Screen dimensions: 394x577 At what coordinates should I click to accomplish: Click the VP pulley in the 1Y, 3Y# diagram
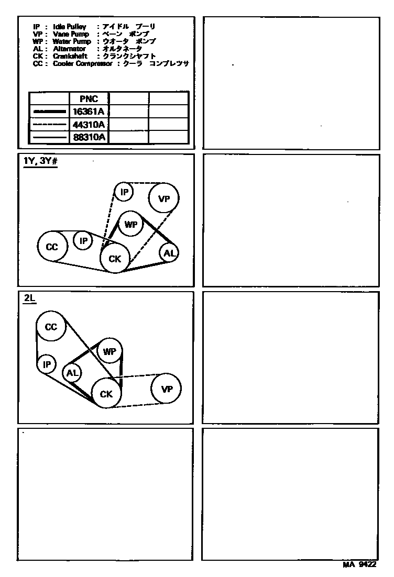coord(164,198)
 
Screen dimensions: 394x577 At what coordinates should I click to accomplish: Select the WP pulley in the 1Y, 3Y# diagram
coord(130,225)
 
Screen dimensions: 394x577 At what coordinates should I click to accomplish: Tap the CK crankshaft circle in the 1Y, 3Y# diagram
coord(115,258)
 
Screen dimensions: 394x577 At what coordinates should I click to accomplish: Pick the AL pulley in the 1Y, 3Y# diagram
coord(169,253)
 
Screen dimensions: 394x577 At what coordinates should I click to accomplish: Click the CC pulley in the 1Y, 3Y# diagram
coord(52,246)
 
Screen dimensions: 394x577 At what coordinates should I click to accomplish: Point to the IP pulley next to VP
coord(124,192)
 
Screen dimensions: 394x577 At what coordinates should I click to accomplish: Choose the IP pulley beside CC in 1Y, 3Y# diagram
coord(83,240)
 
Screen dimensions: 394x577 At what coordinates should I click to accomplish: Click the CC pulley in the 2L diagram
coord(51,327)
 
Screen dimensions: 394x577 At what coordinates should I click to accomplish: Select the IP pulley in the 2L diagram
coord(47,364)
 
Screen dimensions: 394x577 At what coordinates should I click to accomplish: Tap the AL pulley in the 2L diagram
coord(72,373)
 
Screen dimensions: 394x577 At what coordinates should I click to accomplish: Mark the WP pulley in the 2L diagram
coord(109,351)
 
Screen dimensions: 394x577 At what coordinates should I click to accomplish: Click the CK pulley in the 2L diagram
coord(106,394)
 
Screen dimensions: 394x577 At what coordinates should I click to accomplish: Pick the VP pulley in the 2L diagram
coord(167,389)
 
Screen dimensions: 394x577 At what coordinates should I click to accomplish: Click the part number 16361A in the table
coord(89,111)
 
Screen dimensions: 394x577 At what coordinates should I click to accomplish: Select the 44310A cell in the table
coord(89,124)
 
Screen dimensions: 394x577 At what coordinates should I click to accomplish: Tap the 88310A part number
coord(89,137)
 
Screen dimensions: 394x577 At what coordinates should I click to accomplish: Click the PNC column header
coord(89,98)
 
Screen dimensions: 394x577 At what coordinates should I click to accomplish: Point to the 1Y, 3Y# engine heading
coord(40,161)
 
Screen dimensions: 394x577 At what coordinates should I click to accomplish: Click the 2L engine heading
coord(29,299)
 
